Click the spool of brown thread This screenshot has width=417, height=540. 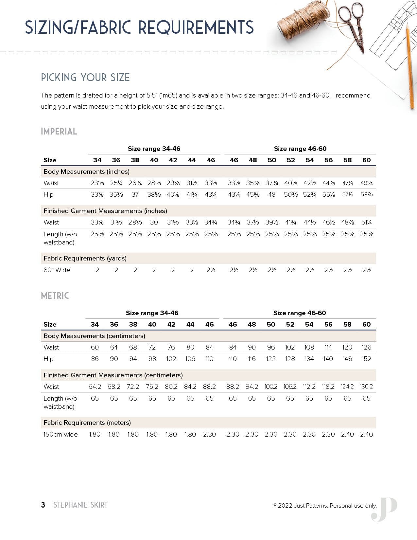(303, 22)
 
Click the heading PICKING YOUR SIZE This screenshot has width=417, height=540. (85, 78)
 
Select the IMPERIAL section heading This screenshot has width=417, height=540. (59, 131)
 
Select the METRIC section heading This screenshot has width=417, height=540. (55, 296)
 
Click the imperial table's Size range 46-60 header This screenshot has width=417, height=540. (300, 149)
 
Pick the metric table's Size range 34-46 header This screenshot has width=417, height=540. (152, 313)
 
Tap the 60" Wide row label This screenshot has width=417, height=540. (57, 270)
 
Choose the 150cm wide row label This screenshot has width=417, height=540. (61, 434)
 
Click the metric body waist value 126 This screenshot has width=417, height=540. (366, 347)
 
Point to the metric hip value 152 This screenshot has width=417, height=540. (366, 359)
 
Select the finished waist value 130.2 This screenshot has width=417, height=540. (366, 387)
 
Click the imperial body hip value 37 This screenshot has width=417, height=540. (135, 194)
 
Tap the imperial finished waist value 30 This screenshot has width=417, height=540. (154, 222)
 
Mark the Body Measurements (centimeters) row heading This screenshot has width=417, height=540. (94, 336)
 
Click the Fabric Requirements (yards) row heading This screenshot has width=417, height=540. (85, 258)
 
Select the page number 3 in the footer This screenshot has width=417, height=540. (43, 505)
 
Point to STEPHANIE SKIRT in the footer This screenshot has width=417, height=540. (80, 505)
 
